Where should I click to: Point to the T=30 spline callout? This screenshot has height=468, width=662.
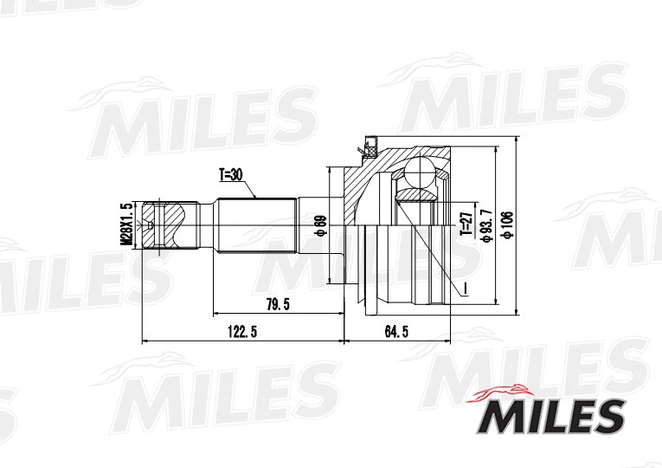point(233,175)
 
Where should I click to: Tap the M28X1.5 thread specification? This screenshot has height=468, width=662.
point(125,225)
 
